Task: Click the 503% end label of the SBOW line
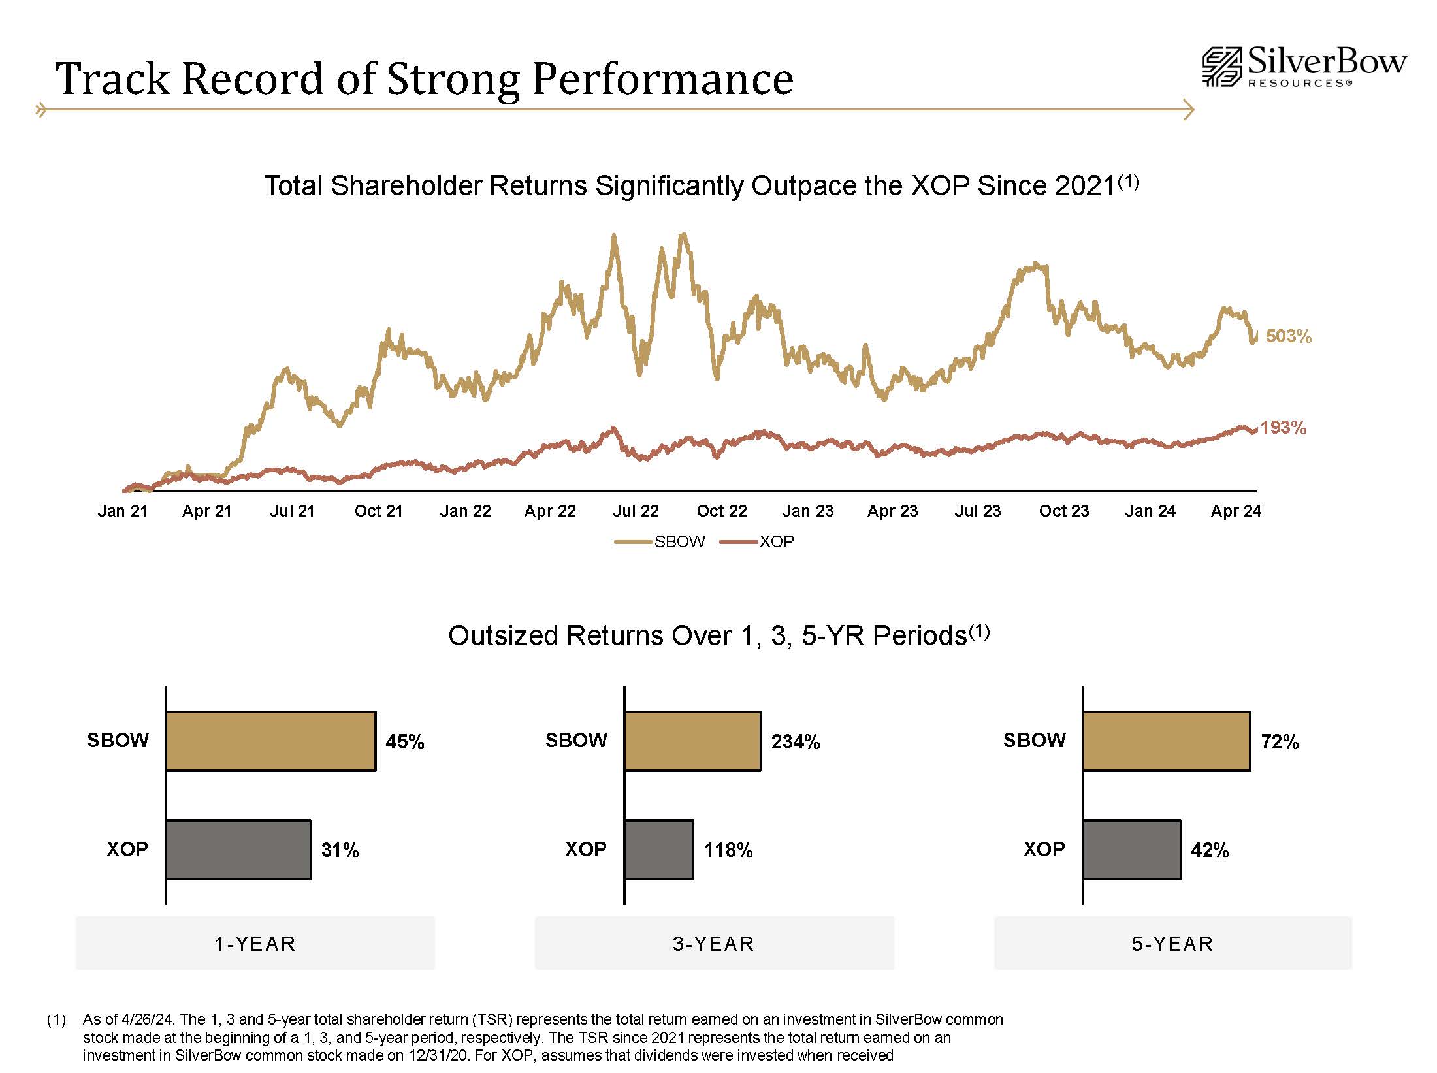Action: point(1288,336)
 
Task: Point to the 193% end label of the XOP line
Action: point(1283,428)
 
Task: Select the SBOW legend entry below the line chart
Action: point(660,541)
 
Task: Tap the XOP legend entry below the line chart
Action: point(758,541)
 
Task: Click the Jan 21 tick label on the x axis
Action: point(122,511)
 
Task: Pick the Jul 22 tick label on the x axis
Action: point(635,511)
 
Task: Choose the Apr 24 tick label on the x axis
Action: point(1235,511)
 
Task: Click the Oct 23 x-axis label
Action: point(1064,511)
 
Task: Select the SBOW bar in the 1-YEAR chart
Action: point(271,741)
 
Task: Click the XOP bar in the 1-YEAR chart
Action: point(238,850)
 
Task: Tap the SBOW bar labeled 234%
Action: point(692,741)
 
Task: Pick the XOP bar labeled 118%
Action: point(658,850)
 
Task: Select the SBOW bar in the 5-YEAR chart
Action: point(1166,741)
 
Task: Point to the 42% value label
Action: point(1210,850)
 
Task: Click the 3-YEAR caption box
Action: point(714,943)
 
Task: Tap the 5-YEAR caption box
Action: point(1172,943)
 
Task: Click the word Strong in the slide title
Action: point(453,79)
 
